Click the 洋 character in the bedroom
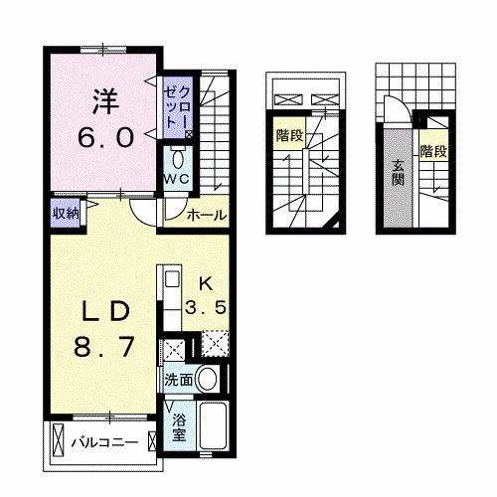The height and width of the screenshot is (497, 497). pyautogui.click(x=107, y=99)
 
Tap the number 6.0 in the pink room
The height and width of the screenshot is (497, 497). pyautogui.click(x=107, y=137)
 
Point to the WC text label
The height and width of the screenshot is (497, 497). pyautogui.click(x=178, y=179)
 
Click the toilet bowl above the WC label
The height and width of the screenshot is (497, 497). pyautogui.click(x=178, y=159)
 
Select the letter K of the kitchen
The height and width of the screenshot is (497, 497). pyautogui.click(x=207, y=281)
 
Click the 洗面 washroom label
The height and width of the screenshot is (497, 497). pyautogui.click(x=179, y=380)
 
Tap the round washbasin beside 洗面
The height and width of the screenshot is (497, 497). pyautogui.click(x=208, y=379)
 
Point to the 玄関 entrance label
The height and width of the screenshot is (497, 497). pyautogui.click(x=398, y=173)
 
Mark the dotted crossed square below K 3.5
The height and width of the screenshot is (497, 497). pyautogui.click(x=213, y=348)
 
